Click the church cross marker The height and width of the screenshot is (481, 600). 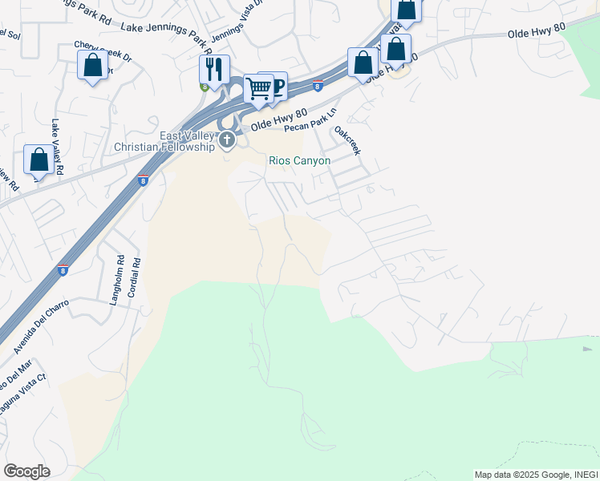[227, 142]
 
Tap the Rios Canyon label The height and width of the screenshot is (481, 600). [298, 161]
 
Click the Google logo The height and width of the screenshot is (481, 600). [26, 471]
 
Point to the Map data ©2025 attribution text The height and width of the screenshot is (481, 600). [534, 475]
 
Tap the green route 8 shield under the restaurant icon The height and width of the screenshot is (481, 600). [205, 87]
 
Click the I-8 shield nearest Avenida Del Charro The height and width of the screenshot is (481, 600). [63, 270]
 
